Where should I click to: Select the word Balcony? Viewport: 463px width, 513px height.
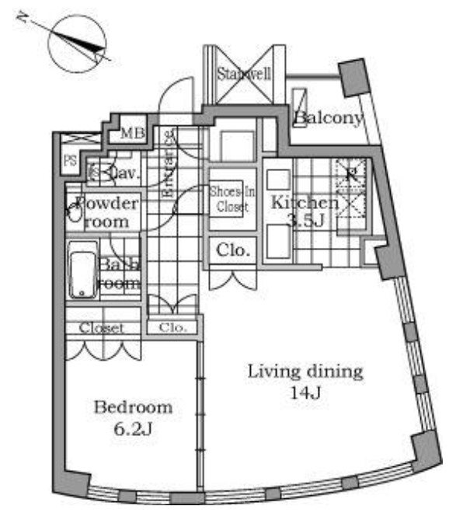329,119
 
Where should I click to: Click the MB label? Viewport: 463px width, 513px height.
131,134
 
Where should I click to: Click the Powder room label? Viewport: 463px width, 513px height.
110,212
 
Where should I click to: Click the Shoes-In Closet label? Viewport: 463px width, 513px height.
231,199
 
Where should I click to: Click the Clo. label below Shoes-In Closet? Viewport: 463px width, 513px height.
232,251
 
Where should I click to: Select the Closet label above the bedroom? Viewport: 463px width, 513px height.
103,328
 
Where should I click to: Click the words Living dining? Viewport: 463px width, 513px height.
305,372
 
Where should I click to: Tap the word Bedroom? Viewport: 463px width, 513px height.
133,407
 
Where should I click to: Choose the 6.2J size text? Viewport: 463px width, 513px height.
133,429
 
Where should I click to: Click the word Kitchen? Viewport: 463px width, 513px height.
303,204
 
